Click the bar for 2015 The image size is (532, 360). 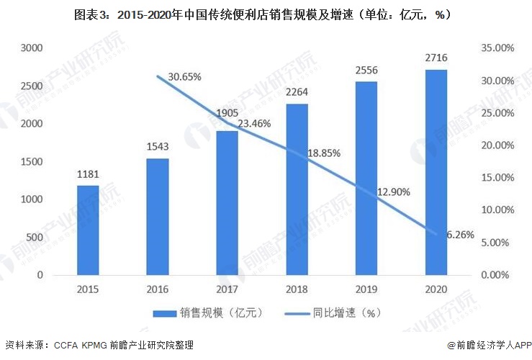point(88,230)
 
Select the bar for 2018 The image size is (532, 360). point(297,189)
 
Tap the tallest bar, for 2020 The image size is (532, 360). point(436,172)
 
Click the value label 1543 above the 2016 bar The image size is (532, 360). point(158,147)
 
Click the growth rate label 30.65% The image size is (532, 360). point(184,76)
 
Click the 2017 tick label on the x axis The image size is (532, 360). point(227,289)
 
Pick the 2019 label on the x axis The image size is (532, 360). point(366,289)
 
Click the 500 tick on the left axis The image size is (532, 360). point(33,238)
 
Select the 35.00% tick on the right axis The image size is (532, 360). point(495,48)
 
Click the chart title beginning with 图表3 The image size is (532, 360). point(266,14)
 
